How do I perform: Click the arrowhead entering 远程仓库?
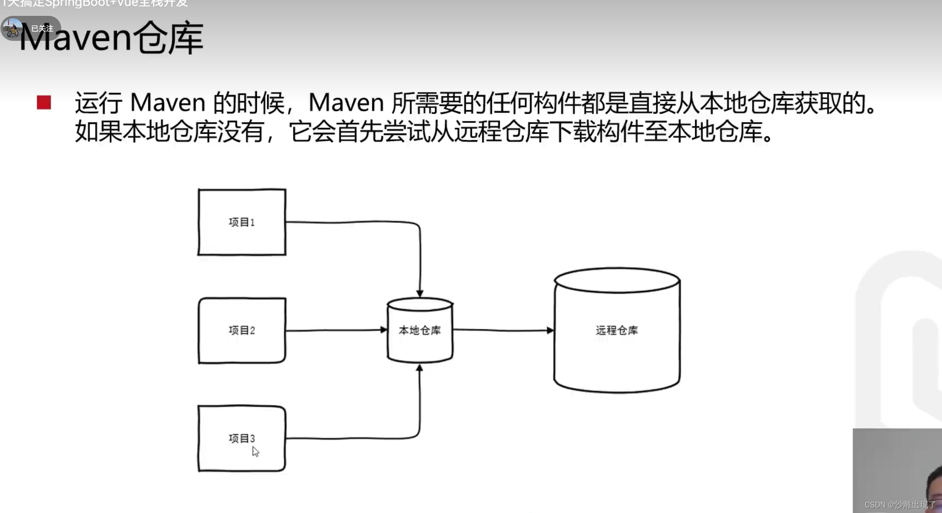550,330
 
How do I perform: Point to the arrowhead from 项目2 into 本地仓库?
384,330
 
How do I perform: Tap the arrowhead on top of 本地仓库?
420,293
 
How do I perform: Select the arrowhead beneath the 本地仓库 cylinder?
420,368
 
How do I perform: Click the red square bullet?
44,103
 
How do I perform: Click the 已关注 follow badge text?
42,28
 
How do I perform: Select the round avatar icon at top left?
12,28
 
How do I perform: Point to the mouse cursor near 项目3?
255,451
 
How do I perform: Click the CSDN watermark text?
899,505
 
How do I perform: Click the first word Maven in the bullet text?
168,103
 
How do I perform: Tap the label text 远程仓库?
617,330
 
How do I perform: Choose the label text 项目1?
242,222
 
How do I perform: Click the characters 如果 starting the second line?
98,132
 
